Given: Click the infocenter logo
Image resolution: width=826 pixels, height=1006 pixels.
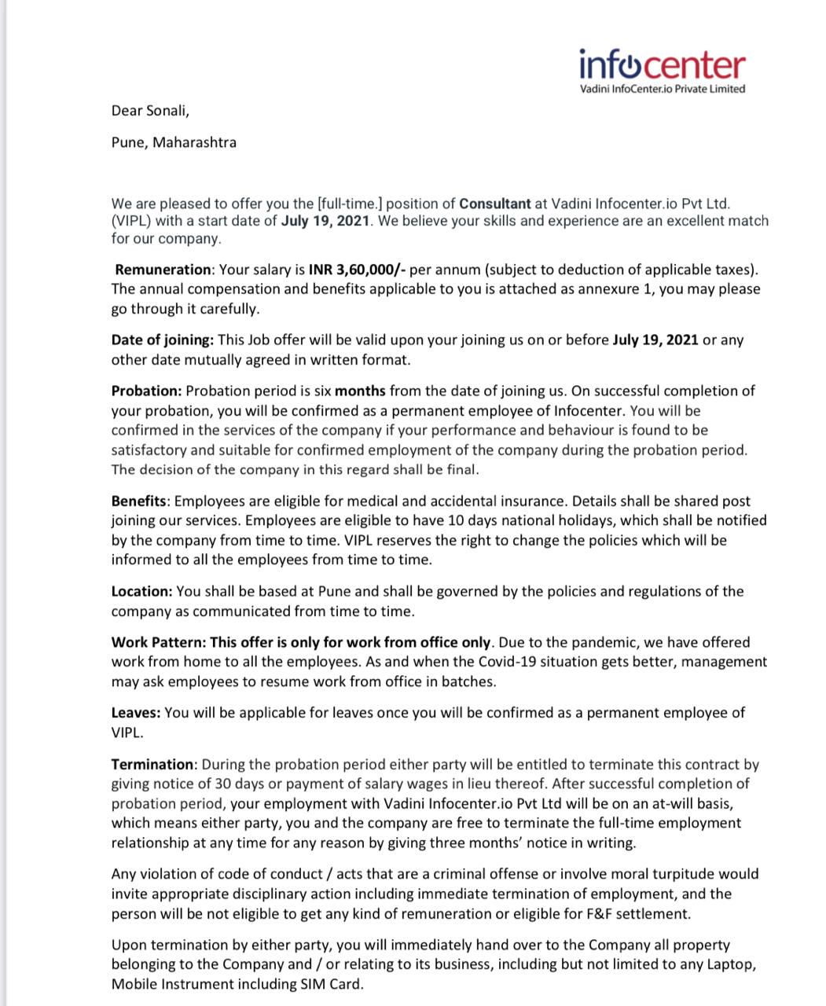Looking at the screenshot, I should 662,71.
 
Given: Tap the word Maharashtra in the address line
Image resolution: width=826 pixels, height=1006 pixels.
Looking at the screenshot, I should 194,142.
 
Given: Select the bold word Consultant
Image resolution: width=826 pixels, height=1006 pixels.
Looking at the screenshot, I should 495,204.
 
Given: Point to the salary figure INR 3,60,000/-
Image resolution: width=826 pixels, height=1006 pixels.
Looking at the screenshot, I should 358,270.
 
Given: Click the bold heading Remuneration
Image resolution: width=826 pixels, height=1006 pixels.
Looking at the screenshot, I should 163,270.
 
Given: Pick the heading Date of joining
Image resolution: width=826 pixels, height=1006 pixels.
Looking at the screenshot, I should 162,340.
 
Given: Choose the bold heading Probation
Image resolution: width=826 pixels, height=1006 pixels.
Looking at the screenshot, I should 146,391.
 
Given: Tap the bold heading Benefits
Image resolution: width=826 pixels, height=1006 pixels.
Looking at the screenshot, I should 138,501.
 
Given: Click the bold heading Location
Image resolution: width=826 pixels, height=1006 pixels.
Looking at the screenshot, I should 141,591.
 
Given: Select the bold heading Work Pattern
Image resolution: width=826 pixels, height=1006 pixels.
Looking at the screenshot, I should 158,642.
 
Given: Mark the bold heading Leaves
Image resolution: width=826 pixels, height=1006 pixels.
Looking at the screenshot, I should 136,713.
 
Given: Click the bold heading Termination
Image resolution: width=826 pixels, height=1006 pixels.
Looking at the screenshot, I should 152,764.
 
